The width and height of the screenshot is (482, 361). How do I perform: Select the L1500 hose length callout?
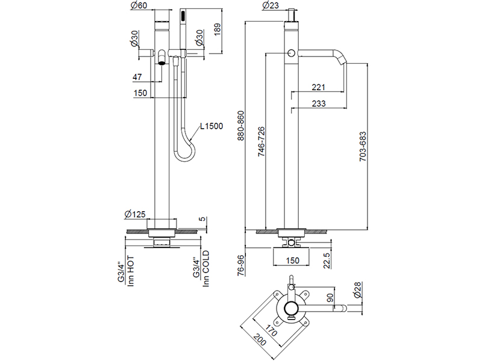pyautogui.click(x=212, y=126)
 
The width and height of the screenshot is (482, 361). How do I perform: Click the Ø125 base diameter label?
pyautogui.click(x=136, y=214)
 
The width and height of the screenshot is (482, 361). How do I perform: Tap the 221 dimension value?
pyautogui.click(x=319, y=87)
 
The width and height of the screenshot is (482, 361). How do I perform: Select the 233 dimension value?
pyautogui.click(x=319, y=103)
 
